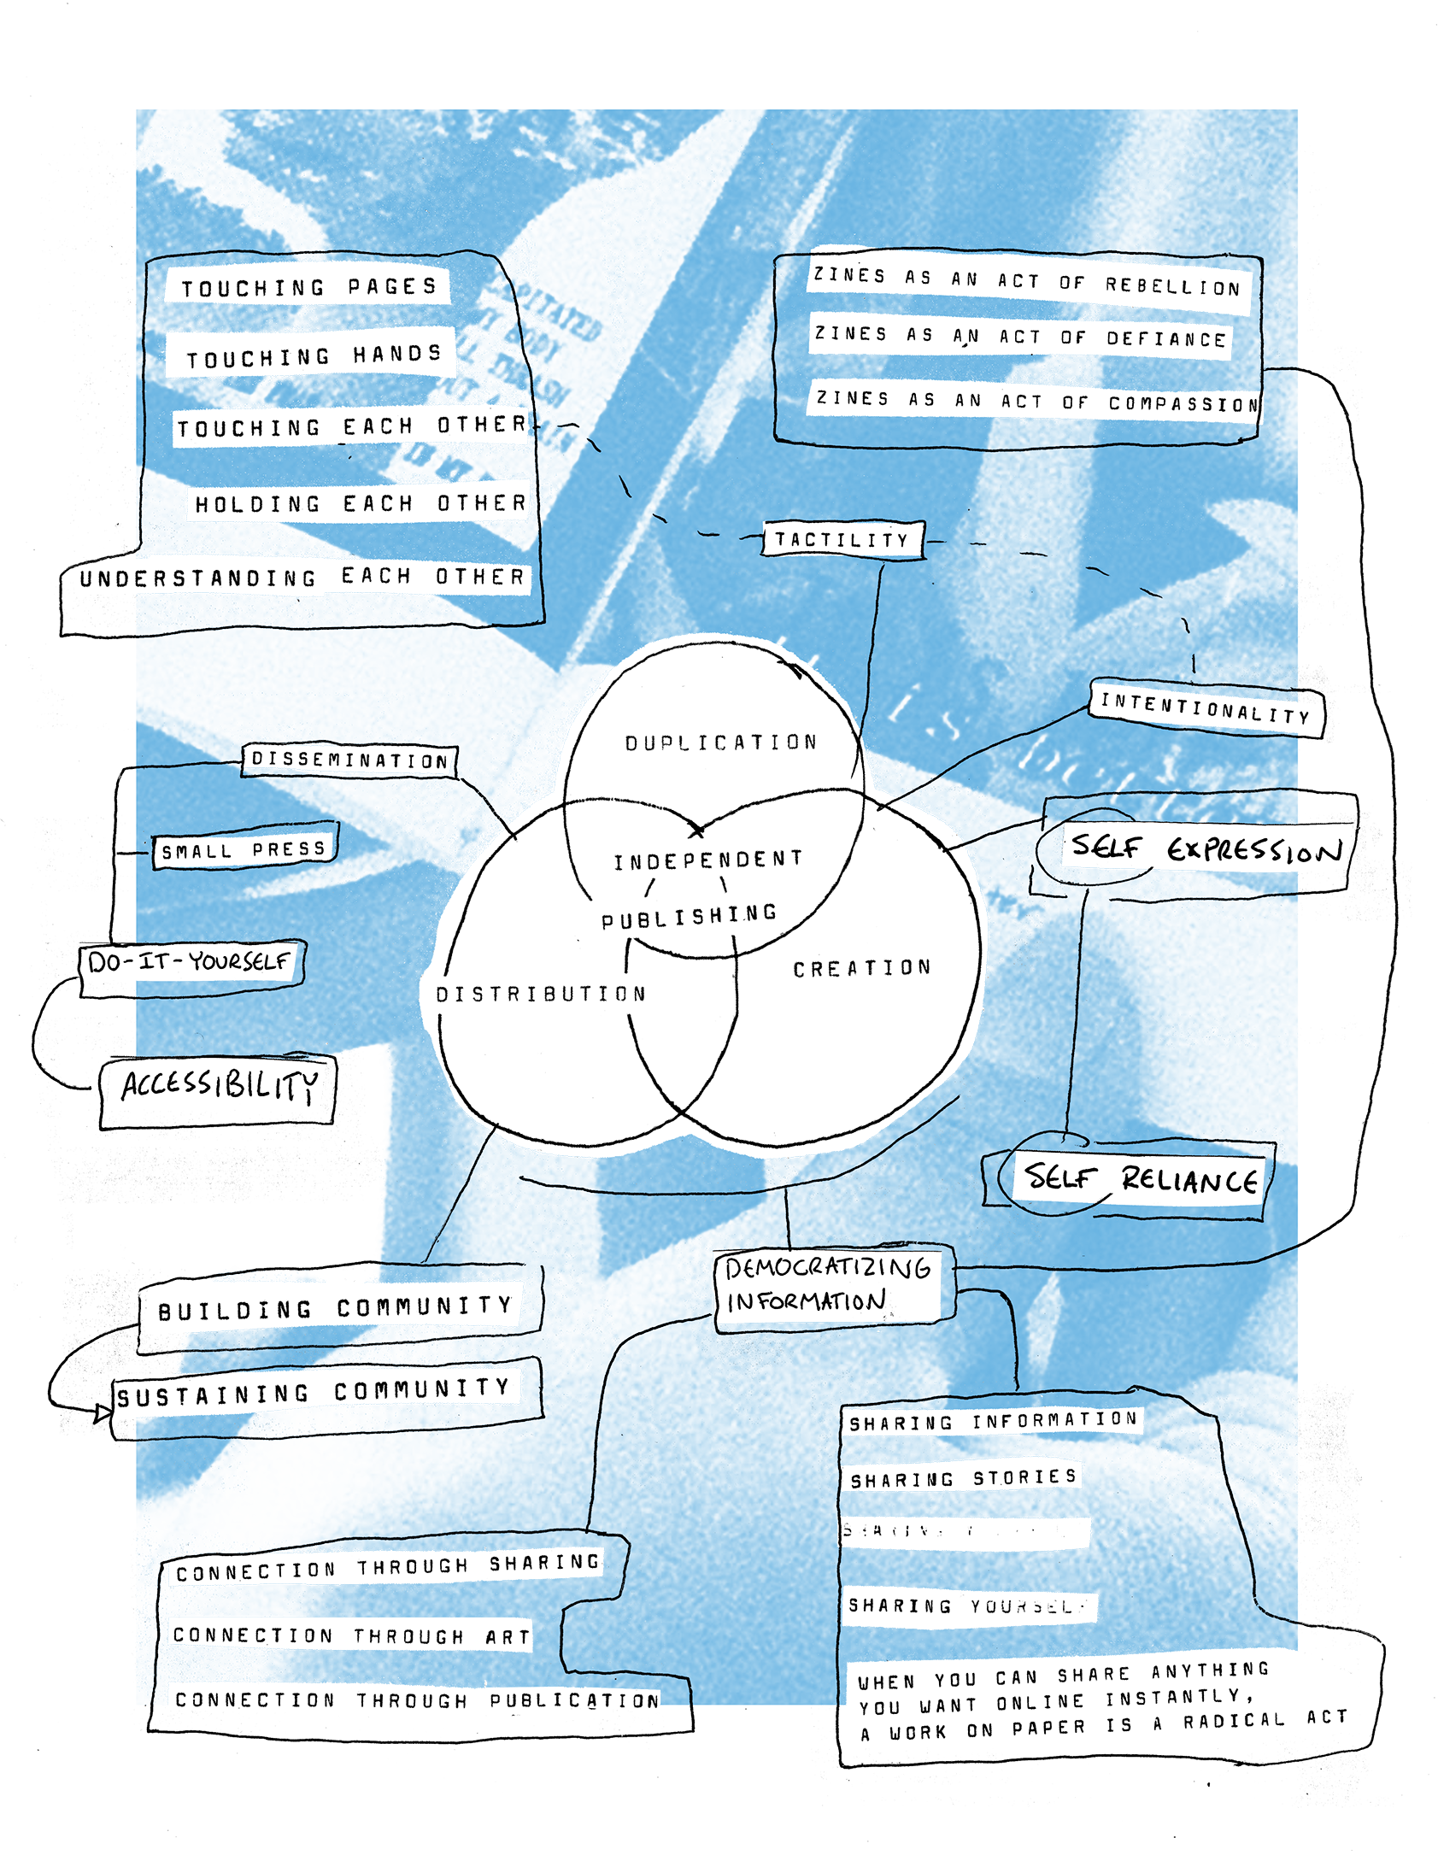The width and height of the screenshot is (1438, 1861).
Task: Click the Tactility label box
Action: [x=842, y=540]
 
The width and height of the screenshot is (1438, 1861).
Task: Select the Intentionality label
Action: [x=1206, y=708]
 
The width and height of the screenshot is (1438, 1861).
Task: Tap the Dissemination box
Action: [x=349, y=760]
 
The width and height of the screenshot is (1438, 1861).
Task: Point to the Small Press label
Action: [x=244, y=849]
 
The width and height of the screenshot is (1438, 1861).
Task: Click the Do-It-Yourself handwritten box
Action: [x=190, y=962]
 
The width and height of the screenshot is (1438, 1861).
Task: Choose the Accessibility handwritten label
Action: [x=220, y=1086]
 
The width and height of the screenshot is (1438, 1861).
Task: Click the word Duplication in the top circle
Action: [x=721, y=743]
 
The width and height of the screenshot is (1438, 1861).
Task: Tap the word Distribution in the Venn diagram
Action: [x=541, y=994]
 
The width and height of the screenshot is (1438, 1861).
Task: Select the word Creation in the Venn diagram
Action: [x=862, y=968]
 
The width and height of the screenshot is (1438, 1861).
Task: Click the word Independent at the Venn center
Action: [x=708, y=860]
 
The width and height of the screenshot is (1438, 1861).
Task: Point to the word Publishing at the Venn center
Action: [x=689, y=917]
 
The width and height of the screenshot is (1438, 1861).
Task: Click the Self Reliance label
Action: [x=1141, y=1179]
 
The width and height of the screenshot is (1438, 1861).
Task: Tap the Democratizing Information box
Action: [x=827, y=1284]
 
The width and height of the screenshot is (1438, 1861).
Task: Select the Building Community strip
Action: [x=335, y=1307]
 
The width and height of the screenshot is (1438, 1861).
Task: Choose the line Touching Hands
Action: [x=314, y=355]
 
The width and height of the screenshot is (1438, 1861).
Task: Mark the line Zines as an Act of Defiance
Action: [x=1020, y=337]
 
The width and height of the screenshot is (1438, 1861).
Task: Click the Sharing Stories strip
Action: [x=963, y=1478]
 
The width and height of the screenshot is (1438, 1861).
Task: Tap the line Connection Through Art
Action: [x=350, y=1635]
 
